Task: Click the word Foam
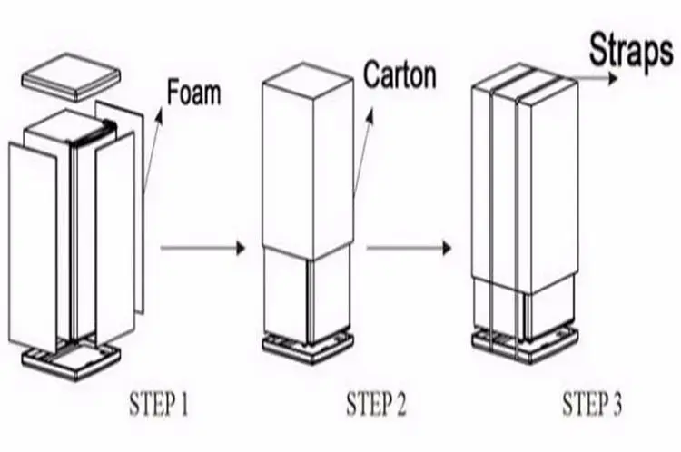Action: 193,92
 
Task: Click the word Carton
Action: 400,75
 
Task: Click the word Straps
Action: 631,50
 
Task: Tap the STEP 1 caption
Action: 159,404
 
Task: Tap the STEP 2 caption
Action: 376,404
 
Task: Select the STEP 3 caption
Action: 592,404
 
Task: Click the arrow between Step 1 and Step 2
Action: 202,248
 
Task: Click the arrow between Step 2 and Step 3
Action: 409,248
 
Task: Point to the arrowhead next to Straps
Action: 613,79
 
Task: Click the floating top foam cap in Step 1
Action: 71,77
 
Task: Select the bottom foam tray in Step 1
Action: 71,361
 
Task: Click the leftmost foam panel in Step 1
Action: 33,247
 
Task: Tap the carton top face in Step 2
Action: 307,80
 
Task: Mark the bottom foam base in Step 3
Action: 525,346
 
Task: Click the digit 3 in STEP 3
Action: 616,404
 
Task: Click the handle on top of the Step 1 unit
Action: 96,132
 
